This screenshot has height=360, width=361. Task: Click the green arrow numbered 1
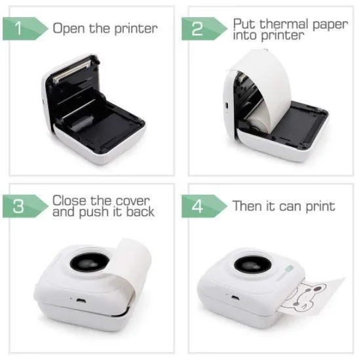tap(25, 29)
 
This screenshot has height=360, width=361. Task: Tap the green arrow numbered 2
tap(204, 29)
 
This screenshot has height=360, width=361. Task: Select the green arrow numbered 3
tap(25, 206)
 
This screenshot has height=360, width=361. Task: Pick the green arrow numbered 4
tap(204, 206)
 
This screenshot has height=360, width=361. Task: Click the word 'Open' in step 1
tap(69, 29)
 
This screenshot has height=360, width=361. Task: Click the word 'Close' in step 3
tap(69, 201)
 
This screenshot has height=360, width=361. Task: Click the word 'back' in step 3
tap(140, 212)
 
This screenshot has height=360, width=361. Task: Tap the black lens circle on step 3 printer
tap(90, 262)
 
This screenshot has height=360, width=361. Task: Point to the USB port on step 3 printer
tap(81, 301)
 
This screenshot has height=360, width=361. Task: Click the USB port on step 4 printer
tap(235, 298)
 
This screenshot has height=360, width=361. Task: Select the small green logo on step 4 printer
tap(289, 268)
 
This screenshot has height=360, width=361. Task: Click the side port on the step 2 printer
tap(226, 106)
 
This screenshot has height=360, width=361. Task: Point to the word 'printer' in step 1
tap(136, 29)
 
